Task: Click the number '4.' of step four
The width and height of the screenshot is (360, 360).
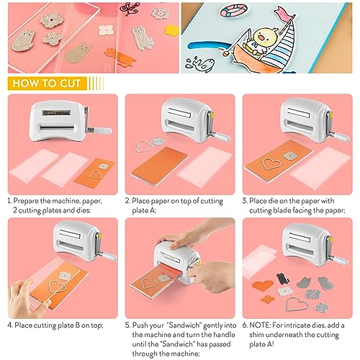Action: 10,323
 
